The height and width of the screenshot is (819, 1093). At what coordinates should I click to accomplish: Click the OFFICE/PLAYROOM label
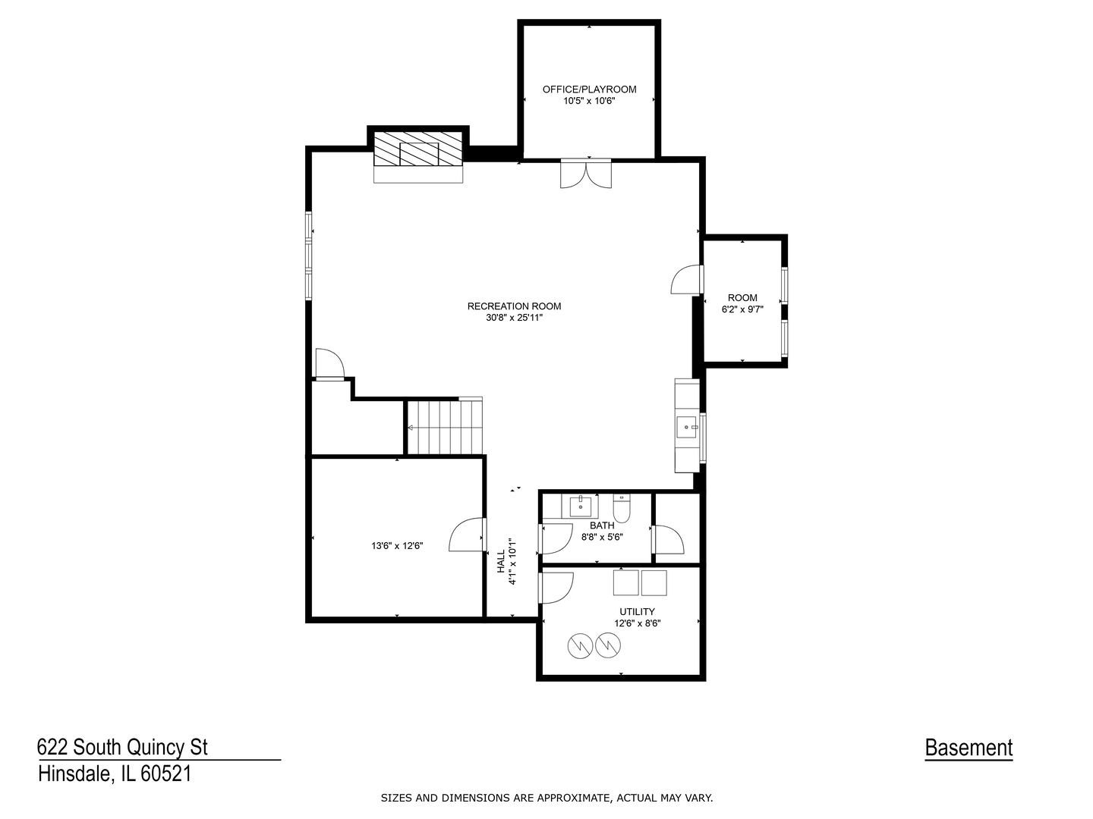[x=589, y=89]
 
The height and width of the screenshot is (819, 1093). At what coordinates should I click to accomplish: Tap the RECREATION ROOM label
[x=514, y=306]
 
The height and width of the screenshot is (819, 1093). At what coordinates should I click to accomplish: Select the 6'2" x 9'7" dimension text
[x=742, y=309]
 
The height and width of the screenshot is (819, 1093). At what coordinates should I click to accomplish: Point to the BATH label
[x=601, y=526]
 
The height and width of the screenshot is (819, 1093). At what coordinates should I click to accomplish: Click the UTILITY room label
[x=637, y=612]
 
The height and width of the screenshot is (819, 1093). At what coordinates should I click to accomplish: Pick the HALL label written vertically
[x=502, y=561]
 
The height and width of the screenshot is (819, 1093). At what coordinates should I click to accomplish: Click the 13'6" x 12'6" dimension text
[x=397, y=545]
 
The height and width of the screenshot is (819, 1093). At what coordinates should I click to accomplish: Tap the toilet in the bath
[x=622, y=508]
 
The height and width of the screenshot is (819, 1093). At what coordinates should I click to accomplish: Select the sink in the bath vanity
[x=581, y=507]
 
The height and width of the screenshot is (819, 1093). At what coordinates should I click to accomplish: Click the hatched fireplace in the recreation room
[x=417, y=149]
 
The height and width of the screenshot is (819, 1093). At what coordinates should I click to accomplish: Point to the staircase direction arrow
[x=411, y=428]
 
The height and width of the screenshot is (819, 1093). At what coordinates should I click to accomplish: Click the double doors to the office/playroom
[x=585, y=174]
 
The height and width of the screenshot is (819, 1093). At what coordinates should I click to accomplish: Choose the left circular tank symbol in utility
[x=580, y=645]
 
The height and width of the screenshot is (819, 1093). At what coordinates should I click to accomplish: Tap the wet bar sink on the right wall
[x=688, y=427]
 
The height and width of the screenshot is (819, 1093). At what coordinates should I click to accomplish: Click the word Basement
[x=969, y=748]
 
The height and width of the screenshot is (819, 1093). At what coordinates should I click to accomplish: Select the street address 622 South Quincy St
[x=122, y=747]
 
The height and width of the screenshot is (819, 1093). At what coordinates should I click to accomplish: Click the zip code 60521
[x=165, y=773]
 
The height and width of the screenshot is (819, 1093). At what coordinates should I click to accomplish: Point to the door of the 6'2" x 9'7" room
[x=687, y=280]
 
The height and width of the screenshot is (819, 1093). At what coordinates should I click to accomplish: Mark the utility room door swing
[x=556, y=588]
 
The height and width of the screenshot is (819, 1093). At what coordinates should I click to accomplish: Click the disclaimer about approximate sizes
[x=546, y=798]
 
